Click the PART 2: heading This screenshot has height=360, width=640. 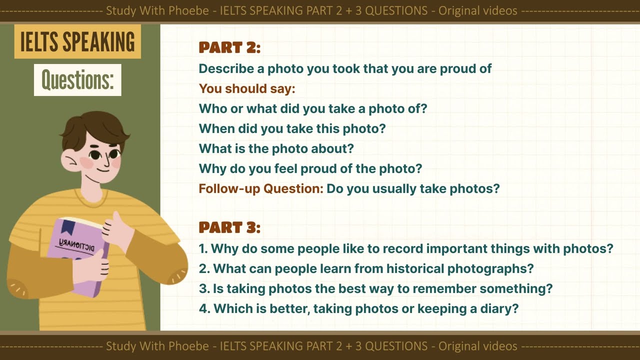(229, 47)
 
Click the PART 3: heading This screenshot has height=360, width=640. (229, 227)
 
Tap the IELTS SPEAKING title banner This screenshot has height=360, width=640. (77, 42)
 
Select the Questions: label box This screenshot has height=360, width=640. (77, 80)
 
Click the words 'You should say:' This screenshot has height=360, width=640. (247, 88)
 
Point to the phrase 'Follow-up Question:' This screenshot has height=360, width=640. (261, 188)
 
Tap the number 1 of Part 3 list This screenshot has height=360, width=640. (202, 248)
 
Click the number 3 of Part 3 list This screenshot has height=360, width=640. (202, 288)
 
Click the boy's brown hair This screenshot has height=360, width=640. (95, 127)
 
